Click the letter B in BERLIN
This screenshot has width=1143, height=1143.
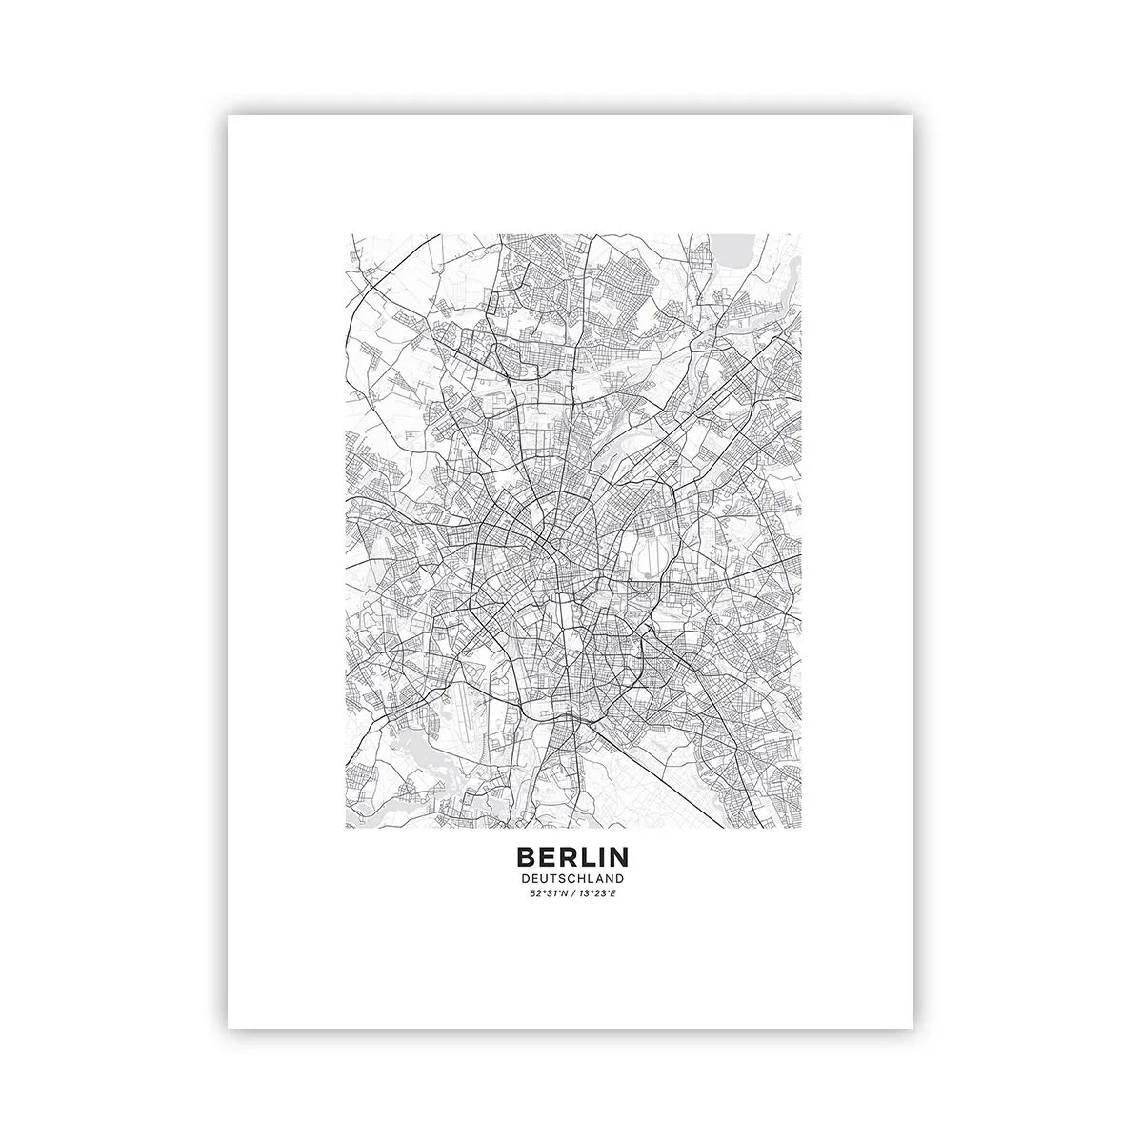pos(525,859)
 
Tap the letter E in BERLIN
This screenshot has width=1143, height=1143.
pos(547,859)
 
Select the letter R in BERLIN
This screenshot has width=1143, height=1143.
pos(569,859)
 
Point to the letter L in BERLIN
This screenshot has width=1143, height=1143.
pos(589,859)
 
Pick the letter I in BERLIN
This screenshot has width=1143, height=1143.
pos(603,859)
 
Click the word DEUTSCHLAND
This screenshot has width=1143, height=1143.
pos(572,878)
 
